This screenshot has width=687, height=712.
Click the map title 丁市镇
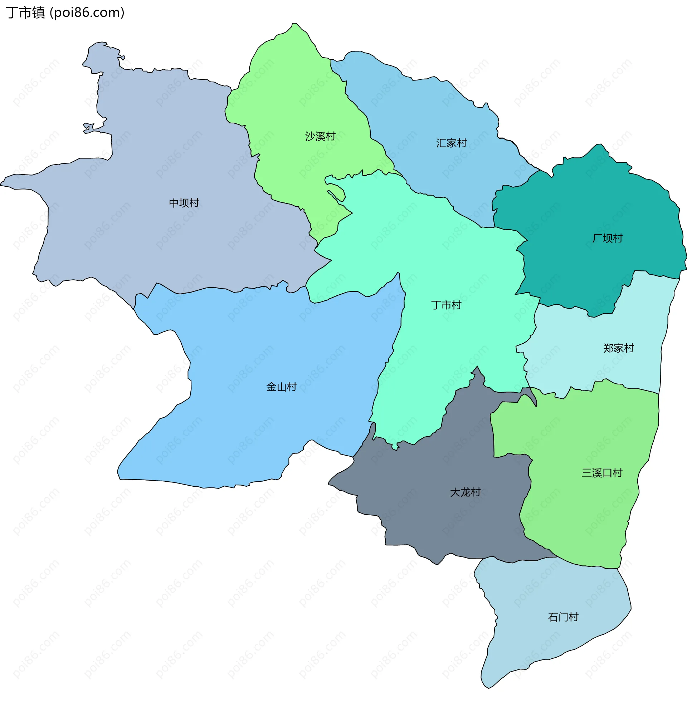(x=25, y=13)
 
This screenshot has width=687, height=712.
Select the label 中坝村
(x=184, y=203)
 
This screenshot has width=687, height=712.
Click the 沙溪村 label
(x=320, y=136)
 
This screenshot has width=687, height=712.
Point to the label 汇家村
(x=451, y=143)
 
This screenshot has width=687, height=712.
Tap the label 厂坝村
(x=607, y=238)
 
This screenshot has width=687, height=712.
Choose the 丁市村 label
(x=446, y=305)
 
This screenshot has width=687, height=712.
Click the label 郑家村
(x=618, y=348)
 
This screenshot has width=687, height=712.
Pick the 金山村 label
(x=281, y=387)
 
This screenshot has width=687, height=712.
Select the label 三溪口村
(x=602, y=473)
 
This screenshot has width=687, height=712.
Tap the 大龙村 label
(x=465, y=492)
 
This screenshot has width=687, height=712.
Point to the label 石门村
(x=563, y=617)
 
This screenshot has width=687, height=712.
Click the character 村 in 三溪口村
(x=618, y=473)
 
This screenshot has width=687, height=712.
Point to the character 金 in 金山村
(x=271, y=387)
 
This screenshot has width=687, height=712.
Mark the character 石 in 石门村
(x=553, y=617)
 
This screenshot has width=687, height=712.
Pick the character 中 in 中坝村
(x=174, y=203)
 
